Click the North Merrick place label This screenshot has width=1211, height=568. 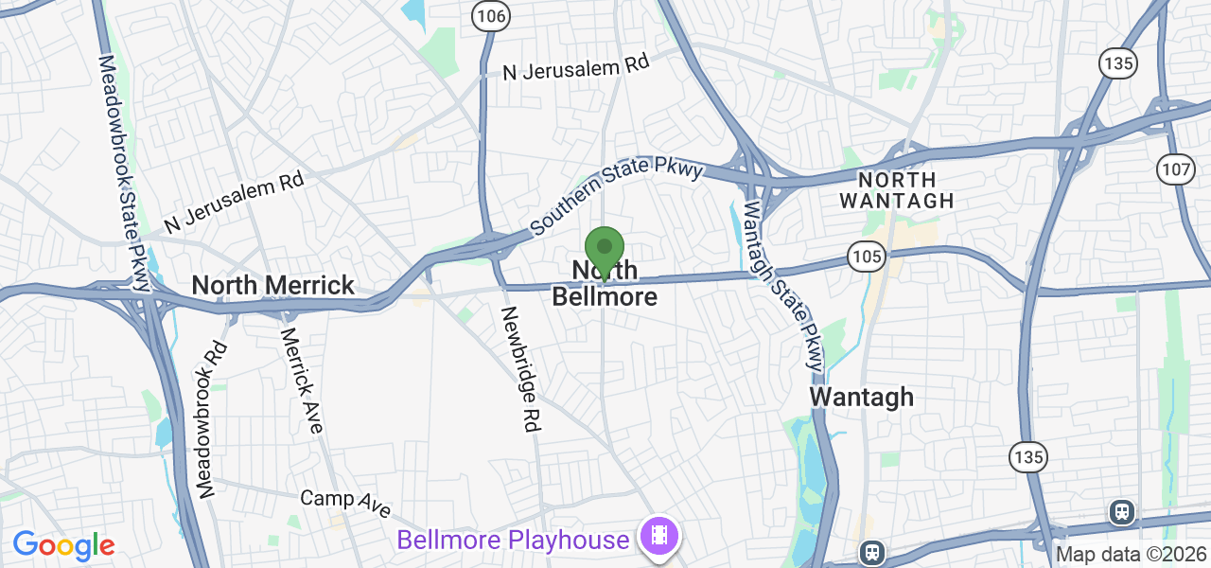pyautogui.click(x=272, y=285)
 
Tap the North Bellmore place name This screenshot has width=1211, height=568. pyautogui.click(x=605, y=284)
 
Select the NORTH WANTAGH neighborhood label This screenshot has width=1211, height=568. pyautogui.click(x=896, y=189)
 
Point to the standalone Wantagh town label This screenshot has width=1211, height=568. pyautogui.click(x=862, y=397)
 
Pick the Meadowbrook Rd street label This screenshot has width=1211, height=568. pyautogui.click(x=212, y=418)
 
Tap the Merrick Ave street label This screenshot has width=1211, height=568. pyautogui.click(x=302, y=380)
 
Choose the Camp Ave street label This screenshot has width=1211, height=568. pyautogui.click(x=344, y=503)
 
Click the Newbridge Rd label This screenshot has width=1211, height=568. pyautogui.click(x=519, y=370)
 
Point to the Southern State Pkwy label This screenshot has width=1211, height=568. pyautogui.click(x=617, y=197)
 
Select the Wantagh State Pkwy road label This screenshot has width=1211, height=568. pyautogui.click(x=783, y=284)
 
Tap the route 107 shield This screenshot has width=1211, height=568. pyautogui.click(x=1174, y=169)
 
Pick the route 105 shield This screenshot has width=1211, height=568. pyautogui.click(x=866, y=257)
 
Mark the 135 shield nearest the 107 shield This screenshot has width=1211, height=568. pyautogui.click(x=1117, y=63)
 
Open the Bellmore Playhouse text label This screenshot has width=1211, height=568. pyautogui.click(x=513, y=540)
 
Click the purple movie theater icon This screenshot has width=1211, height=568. pyautogui.click(x=659, y=536)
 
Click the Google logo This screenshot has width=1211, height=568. pyautogui.click(x=63, y=545)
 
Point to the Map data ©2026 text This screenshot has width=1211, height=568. pyautogui.click(x=1131, y=554)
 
